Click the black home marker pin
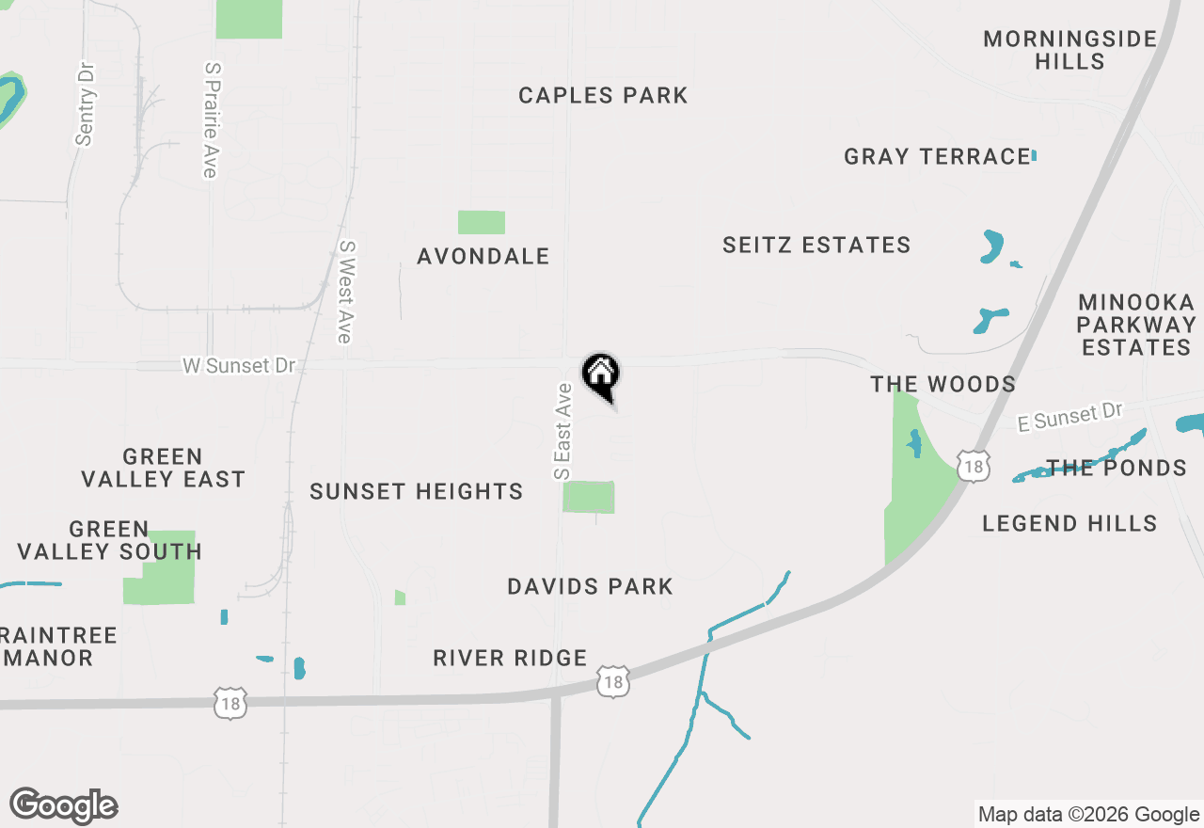click(600, 375)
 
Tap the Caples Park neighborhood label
click(603, 95)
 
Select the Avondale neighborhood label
click(483, 256)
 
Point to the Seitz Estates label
click(816, 246)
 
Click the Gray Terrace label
click(937, 156)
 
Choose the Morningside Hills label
click(1070, 51)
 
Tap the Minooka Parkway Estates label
click(1136, 325)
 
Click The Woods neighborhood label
click(943, 384)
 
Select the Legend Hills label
click(1069, 523)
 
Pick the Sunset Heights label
click(416, 491)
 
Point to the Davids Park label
click(590, 586)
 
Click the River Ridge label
click(510, 658)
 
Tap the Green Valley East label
click(163, 468)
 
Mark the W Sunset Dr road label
click(239, 366)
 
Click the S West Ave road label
click(346, 292)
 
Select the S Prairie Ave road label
click(211, 120)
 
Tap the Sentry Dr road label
click(86, 104)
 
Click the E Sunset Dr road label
click(1070, 417)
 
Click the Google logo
click(63, 806)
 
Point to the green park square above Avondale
click(482, 223)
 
